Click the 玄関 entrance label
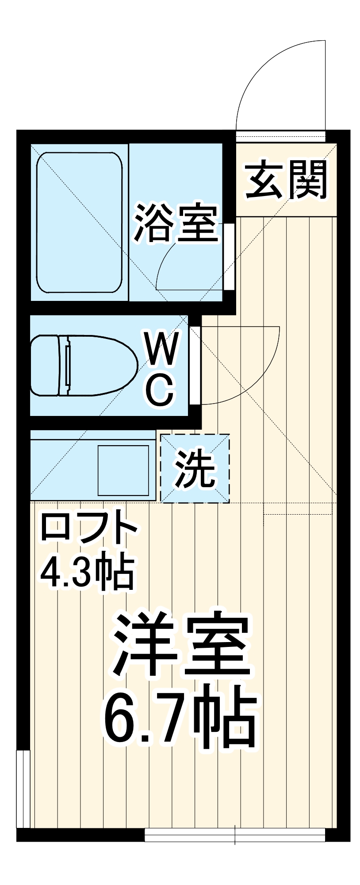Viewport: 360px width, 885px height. pos(286,180)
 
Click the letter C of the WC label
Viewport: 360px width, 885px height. pos(160,389)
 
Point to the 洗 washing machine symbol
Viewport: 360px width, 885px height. pos(195,468)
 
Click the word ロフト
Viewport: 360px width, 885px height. pos(88,529)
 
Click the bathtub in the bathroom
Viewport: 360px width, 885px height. pos(79,223)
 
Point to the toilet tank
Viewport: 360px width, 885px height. pos(44,365)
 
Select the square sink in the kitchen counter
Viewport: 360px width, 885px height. pos(123,470)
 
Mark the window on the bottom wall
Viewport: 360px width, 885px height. pos(234,835)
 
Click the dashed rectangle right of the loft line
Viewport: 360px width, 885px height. pos(297,508)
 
